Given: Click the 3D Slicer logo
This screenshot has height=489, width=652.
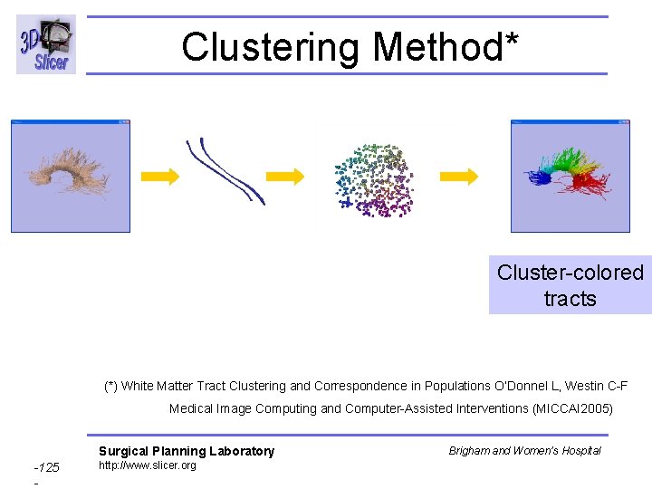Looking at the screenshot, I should (46, 44).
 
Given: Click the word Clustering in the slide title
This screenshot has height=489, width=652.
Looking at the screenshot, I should (268, 46).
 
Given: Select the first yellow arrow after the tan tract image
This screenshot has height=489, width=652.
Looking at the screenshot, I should (161, 176).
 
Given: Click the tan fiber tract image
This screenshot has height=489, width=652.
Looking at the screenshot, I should (71, 176).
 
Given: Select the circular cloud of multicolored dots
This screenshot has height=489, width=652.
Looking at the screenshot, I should (373, 179).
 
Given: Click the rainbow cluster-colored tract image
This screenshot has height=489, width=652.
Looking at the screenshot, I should (570, 176).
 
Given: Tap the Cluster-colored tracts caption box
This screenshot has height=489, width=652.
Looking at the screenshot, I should (570, 285).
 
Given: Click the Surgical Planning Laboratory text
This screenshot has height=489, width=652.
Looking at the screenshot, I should (187, 451).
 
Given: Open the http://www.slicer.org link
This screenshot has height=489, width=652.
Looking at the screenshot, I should (147, 465).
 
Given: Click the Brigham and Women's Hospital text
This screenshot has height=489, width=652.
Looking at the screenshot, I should (524, 450).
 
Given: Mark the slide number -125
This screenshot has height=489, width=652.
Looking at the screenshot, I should (46, 467).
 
